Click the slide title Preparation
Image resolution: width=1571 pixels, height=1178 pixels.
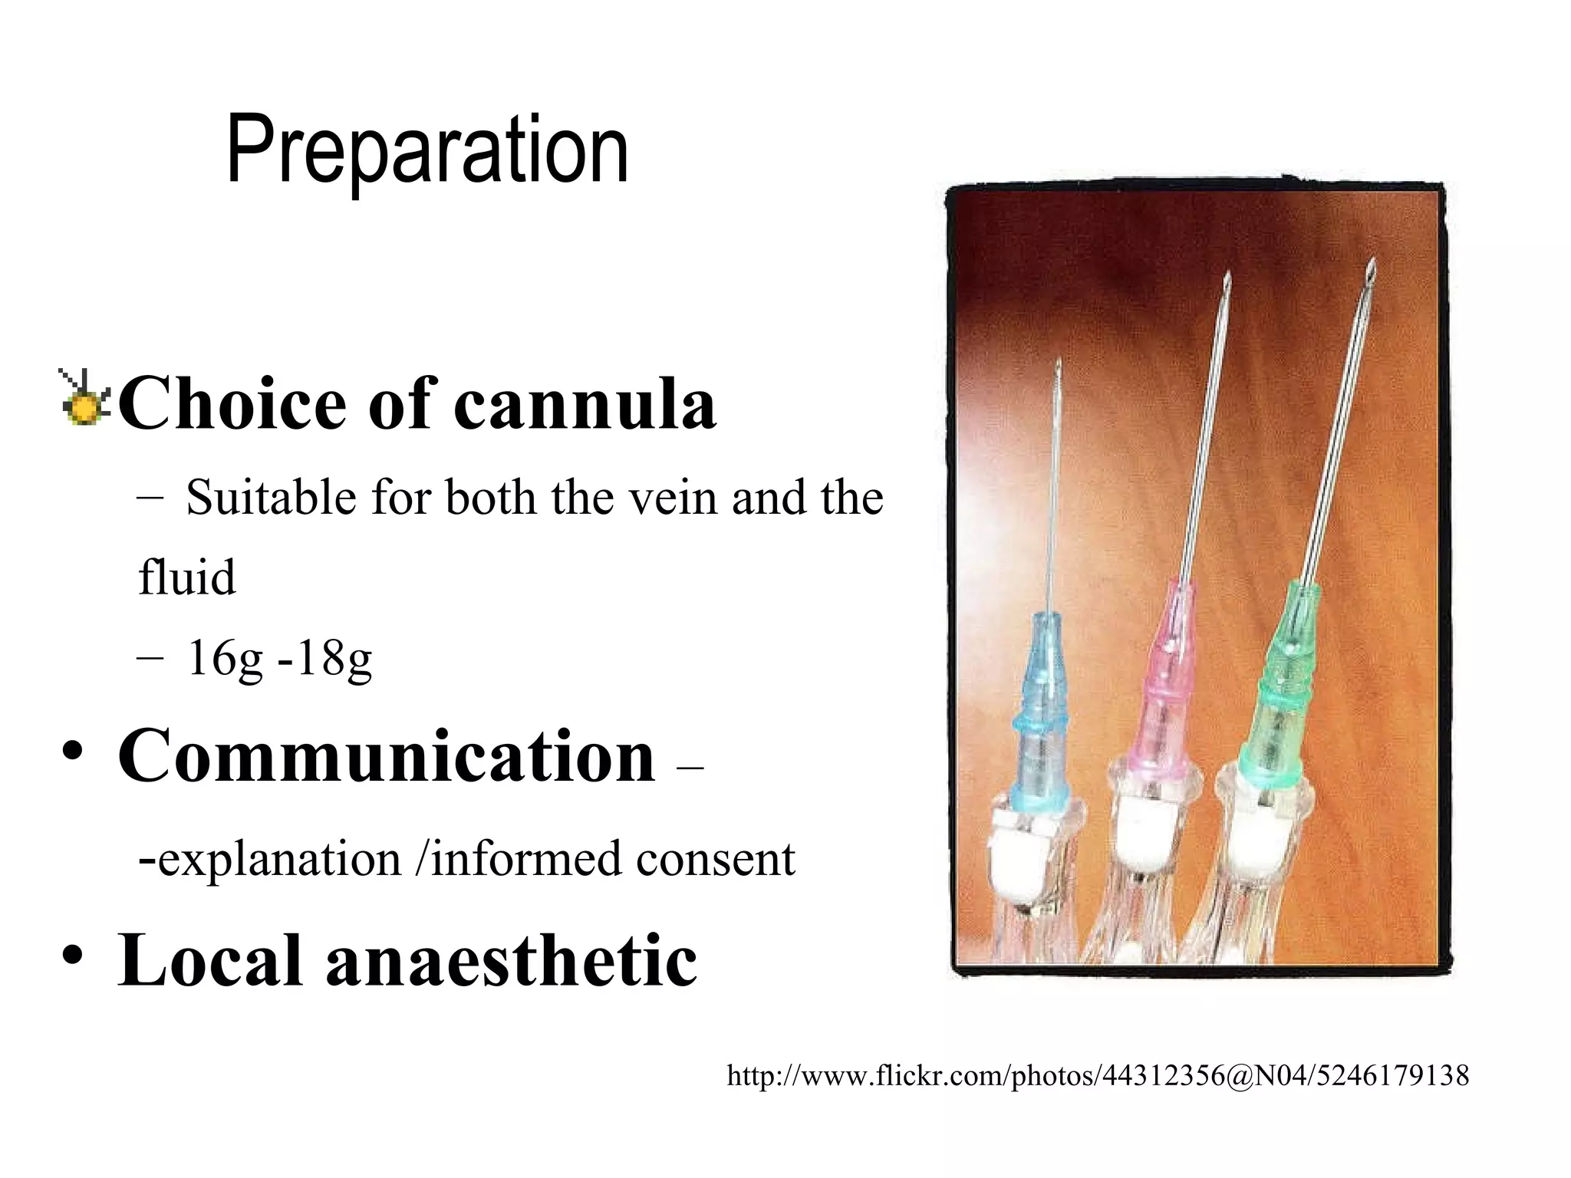[x=427, y=150]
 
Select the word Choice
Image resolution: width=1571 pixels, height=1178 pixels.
[x=232, y=404]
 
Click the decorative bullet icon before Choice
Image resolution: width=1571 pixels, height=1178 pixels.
[x=84, y=398]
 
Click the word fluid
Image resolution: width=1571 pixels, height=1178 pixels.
[x=186, y=578]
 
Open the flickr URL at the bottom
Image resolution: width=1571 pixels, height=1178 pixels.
[x=1097, y=1076]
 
